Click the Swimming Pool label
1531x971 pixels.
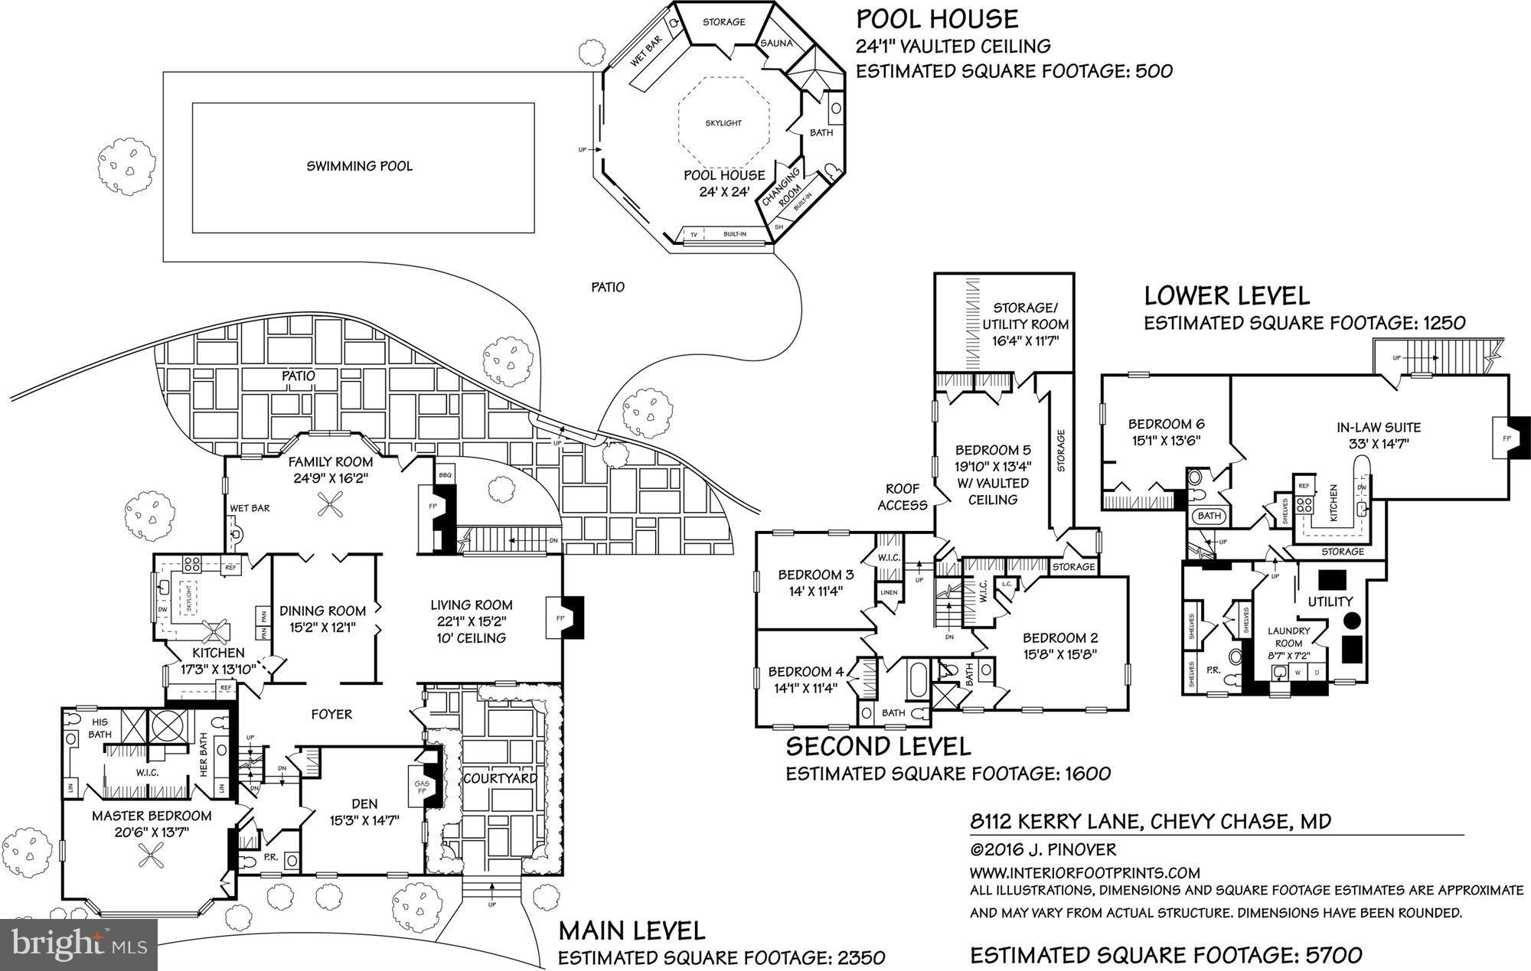[359, 166]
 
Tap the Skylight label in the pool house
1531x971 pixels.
[723, 123]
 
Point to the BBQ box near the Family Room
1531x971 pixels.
[445, 475]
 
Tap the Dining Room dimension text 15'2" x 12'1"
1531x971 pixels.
[322, 627]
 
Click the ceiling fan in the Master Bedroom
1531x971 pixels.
[149, 855]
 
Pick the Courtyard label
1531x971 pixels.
[500, 778]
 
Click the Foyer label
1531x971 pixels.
[331, 714]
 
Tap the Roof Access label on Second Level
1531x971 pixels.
[903, 497]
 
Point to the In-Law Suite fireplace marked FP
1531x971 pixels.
[1507, 438]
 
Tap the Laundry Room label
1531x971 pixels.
[1289, 637]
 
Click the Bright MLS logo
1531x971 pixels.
[79, 944]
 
